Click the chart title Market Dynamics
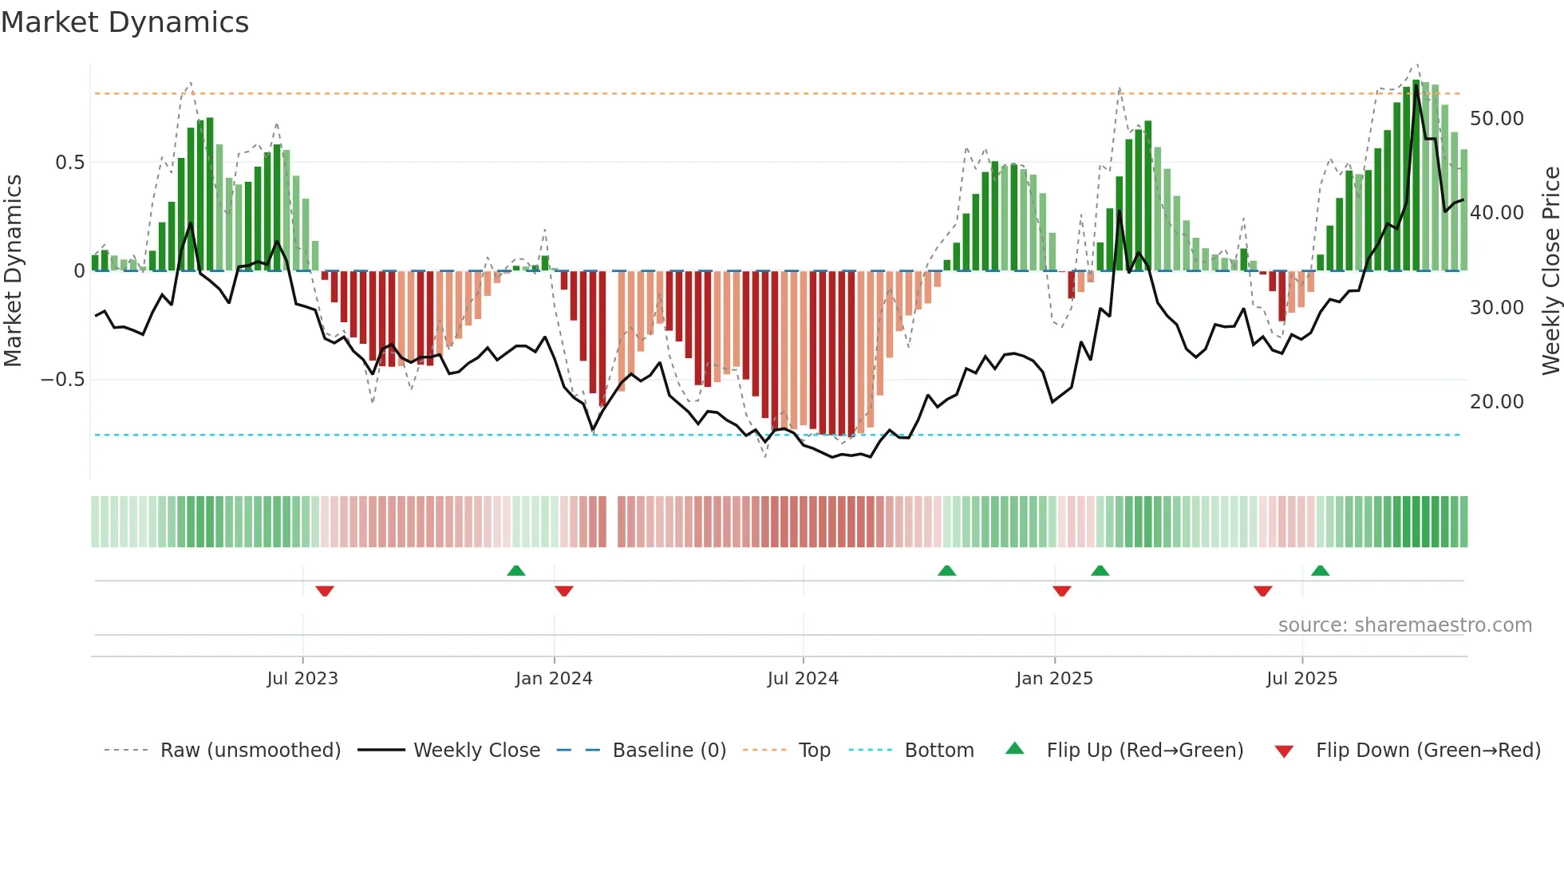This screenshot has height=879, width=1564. coord(124,22)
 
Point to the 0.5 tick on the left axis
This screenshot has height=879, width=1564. coord(69,163)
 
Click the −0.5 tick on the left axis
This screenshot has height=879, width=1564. coord(63,380)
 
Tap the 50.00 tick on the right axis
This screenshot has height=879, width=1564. coord(1496,119)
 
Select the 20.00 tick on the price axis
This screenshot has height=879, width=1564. coord(1496,402)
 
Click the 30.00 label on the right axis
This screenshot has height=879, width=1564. coord(1496,308)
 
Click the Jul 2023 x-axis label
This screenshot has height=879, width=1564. coord(302,679)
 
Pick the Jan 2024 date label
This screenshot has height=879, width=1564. coord(554,679)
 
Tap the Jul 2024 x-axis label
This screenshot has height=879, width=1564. coord(803,679)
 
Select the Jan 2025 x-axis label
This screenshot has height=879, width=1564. coord(1054,679)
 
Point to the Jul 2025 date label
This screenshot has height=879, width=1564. coord(1301,679)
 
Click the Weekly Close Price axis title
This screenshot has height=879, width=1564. coord(1550,270)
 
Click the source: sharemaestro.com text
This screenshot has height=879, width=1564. coord(1404,625)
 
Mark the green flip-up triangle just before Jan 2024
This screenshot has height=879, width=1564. coord(516,571)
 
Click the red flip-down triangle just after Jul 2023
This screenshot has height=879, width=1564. coord(324,591)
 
